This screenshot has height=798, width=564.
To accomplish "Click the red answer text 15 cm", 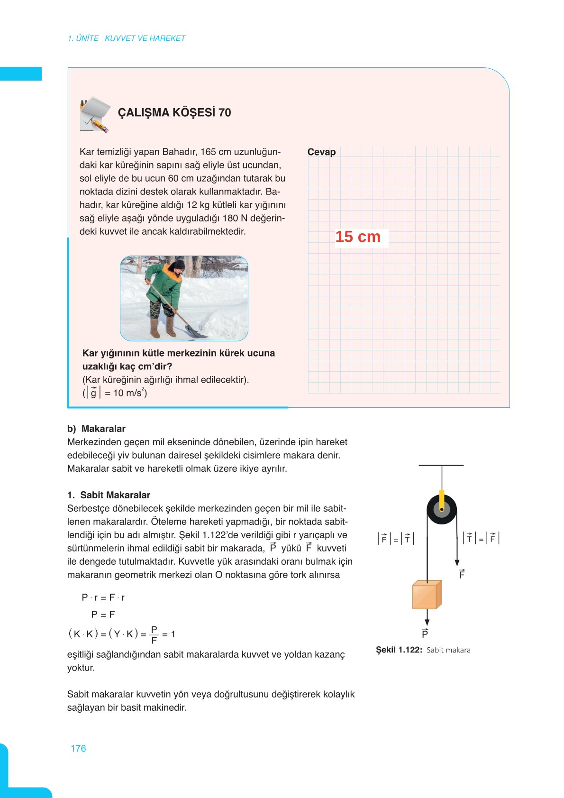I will point(358,237).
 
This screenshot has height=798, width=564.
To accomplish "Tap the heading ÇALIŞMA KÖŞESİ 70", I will point(174,113).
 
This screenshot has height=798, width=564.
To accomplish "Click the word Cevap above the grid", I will point(321,152).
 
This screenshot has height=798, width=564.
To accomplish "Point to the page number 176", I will point(78,748).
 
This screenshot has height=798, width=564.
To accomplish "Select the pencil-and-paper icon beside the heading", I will point(94,114).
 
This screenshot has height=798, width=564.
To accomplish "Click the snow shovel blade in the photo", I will point(195,330).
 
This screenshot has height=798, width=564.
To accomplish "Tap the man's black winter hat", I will point(179,264).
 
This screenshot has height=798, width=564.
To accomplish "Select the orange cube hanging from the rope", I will point(427,595).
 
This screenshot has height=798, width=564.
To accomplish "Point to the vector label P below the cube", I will point(425,633).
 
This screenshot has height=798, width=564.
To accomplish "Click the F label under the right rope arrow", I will point(462,574).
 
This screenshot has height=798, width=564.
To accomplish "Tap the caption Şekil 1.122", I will point(399,650).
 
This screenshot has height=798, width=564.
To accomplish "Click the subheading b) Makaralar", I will point(96,429).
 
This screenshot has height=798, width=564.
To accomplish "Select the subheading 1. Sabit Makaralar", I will point(109,495).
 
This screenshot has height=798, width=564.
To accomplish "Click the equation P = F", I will point(103,615).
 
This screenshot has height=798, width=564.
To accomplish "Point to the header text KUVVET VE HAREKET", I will point(145,38).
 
